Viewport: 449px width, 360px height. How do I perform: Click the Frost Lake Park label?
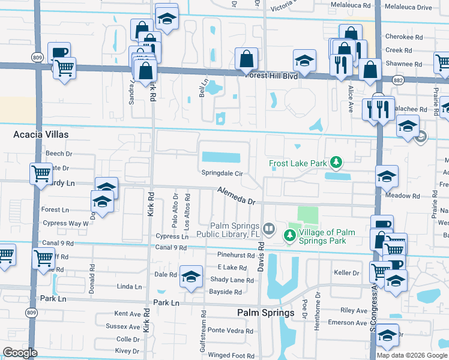click(x=297, y=163)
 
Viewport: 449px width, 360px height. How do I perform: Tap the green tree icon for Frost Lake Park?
click(x=337, y=163)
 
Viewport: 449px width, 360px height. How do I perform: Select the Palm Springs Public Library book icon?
click(x=270, y=229)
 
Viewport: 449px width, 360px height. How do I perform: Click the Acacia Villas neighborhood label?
click(x=41, y=134)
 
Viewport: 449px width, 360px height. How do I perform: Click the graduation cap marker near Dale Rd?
click(x=191, y=276)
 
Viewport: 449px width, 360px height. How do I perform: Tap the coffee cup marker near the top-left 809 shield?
click(x=59, y=52)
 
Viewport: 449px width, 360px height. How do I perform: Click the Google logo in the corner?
click(x=20, y=352)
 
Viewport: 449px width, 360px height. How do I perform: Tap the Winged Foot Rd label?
click(x=228, y=355)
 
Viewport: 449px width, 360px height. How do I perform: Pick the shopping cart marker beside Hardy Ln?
click(x=41, y=174)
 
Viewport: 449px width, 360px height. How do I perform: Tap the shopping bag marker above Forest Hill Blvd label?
click(x=247, y=59)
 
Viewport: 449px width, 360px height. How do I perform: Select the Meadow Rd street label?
click(x=403, y=196)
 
